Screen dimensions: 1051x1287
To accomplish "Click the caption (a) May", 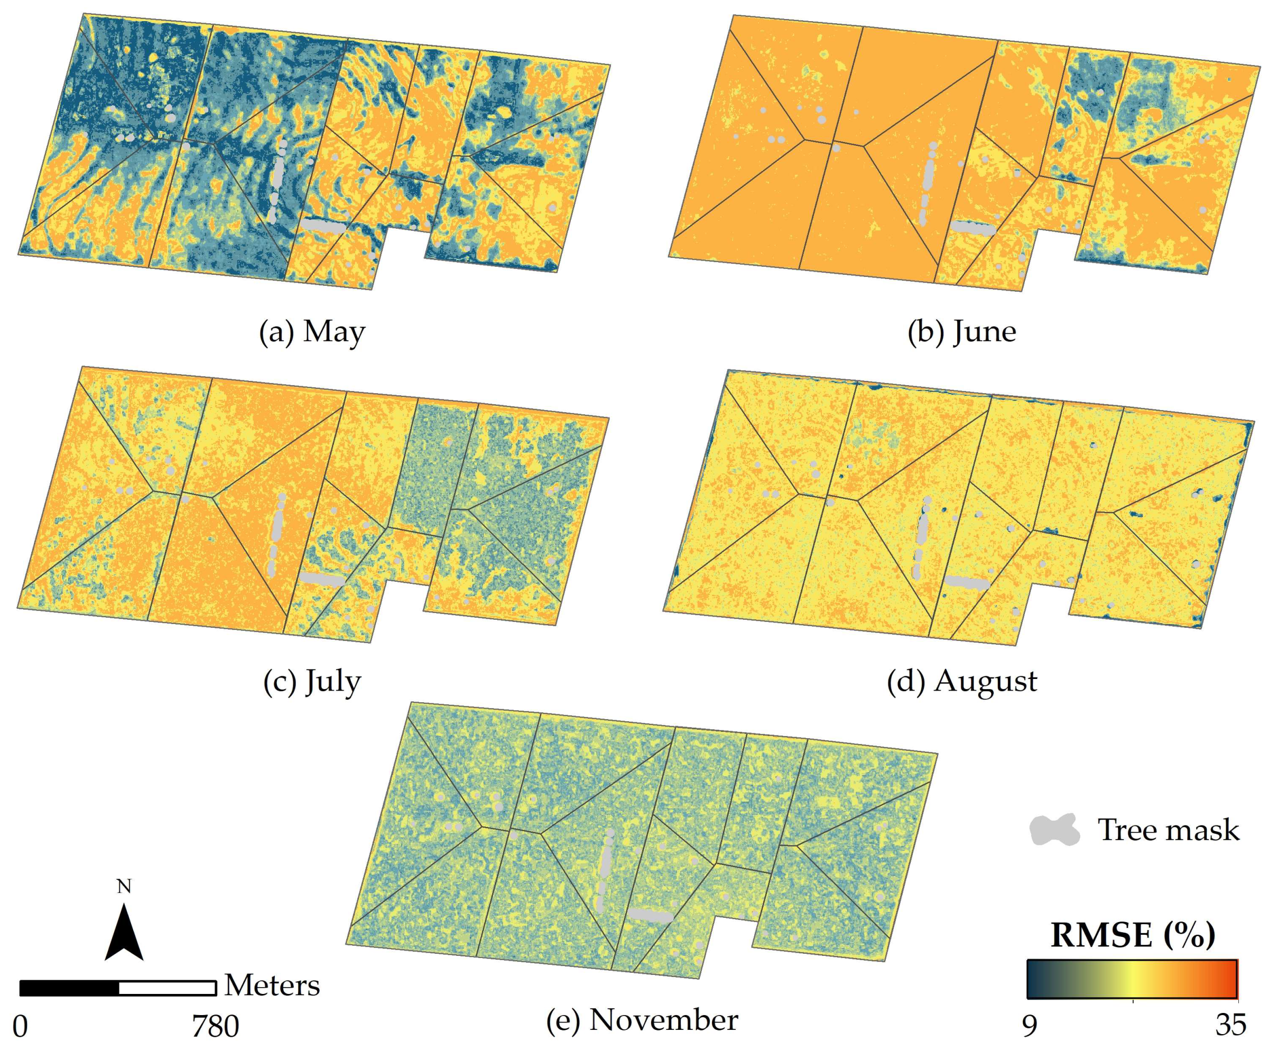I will click(312, 332).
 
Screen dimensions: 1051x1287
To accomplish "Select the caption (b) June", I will click(961, 332).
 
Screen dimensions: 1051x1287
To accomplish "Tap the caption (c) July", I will click(312, 682).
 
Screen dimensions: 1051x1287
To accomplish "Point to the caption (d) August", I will click(961, 682).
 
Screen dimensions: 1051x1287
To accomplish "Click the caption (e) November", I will click(642, 1020).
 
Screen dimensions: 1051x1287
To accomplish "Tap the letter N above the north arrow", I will click(124, 887).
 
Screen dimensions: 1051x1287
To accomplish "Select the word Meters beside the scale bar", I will click(272, 985).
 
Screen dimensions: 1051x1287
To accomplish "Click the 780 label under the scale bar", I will click(216, 1026).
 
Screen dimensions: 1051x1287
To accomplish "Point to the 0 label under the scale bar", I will click(20, 1026).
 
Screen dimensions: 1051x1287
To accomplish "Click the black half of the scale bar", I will click(69, 988).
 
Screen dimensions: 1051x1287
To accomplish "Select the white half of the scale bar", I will click(167, 988).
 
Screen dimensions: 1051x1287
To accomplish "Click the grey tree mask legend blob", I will click(1054, 830).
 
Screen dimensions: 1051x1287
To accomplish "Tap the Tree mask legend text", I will click(1168, 830).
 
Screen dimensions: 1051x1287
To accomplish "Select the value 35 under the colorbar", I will click(1230, 1026).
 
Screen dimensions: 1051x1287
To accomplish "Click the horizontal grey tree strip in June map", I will click(972, 228).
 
